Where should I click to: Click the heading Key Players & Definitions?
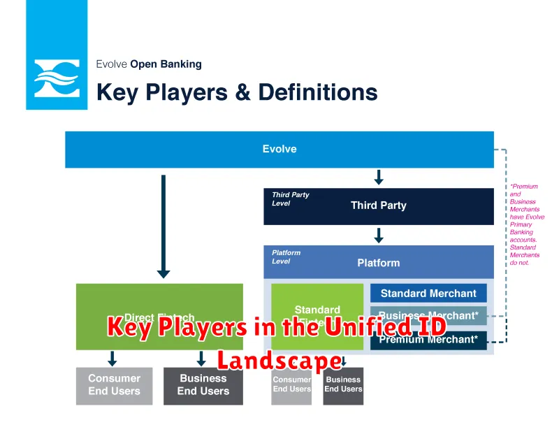[237, 92]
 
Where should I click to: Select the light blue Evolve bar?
[279, 149]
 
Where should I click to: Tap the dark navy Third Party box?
[378, 206]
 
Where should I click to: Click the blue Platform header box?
[378, 263]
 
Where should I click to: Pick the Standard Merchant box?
[428, 294]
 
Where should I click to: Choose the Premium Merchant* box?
[428, 340]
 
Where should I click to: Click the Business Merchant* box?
[428, 316]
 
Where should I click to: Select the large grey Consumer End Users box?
[114, 385]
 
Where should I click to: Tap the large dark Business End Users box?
[203, 385]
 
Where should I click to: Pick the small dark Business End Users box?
[343, 385]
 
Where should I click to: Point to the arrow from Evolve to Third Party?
[379, 178]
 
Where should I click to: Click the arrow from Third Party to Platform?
[379, 234]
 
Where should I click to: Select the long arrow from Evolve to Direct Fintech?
[164, 227]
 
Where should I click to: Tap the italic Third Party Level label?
[291, 199]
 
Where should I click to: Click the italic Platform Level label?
[286, 257]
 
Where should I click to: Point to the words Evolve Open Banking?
[149, 64]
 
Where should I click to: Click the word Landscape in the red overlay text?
[279, 361]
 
